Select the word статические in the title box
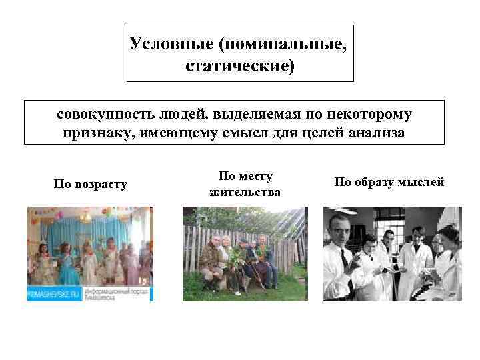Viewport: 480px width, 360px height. click(234, 67)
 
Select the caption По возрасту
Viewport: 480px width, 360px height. click(90, 183)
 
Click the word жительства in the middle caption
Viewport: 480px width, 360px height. click(245, 192)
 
